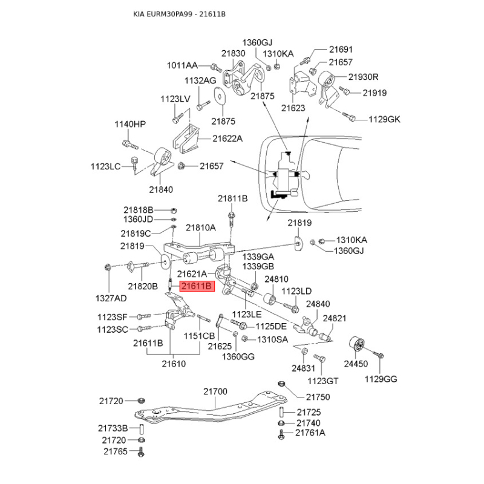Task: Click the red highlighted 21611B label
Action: click(x=197, y=286)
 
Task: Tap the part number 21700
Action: click(x=215, y=391)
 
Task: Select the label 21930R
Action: click(x=363, y=77)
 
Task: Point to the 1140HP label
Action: click(x=130, y=124)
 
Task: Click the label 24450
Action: click(x=356, y=364)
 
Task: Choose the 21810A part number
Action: click(x=201, y=228)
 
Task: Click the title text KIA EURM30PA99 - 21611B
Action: click(x=179, y=14)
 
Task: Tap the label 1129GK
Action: click(x=384, y=119)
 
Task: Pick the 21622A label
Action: click(x=227, y=139)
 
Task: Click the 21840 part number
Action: click(x=161, y=189)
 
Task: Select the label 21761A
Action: click(x=310, y=433)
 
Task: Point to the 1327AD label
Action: click(x=111, y=298)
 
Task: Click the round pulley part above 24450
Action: click(x=356, y=344)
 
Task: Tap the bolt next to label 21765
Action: click(x=141, y=451)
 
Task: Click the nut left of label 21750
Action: click(x=281, y=384)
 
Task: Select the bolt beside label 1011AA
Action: click(x=216, y=67)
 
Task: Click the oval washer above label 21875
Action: click(x=220, y=96)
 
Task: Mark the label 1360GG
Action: click(x=238, y=357)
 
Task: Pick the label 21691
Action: click(x=341, y=50)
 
